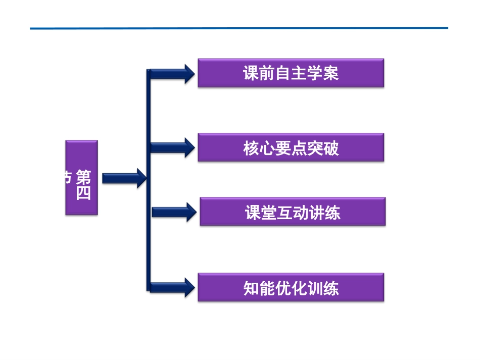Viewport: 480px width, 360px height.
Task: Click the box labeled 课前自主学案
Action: tap(291, 73)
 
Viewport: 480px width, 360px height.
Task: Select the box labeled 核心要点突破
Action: tap(291, 147)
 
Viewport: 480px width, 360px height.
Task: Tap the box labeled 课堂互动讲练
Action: tap(292, 212)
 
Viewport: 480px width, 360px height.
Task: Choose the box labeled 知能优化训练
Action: tap(291, 287)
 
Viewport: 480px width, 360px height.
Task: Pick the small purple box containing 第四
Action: tap(81, 178)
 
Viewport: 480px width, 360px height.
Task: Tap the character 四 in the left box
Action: tap(83, 193)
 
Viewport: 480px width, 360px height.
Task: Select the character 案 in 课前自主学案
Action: tap(331, 74)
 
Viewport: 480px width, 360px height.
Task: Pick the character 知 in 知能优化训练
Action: tap(251, 288)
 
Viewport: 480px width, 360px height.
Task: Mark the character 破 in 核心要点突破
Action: tap(331, 148)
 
